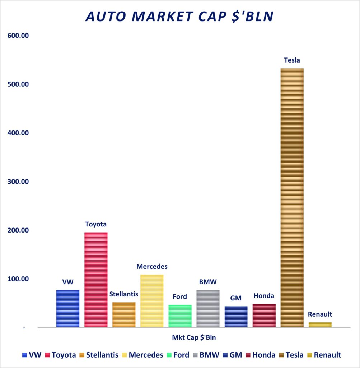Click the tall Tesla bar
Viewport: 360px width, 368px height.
pos(292,198)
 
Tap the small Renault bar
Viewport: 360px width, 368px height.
pos(320,325)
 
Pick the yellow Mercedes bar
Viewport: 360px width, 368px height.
pos(152,301)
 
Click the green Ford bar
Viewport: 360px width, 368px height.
pos(180,316)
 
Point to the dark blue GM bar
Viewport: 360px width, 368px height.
pos(236,317)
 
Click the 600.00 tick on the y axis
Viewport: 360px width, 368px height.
pos(18,36)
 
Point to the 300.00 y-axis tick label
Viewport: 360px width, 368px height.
pos(18,181)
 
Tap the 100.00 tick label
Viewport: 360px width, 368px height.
pos(18,279)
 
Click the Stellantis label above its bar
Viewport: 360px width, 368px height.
pos(124,294)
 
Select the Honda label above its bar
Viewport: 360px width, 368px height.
pos(264,296)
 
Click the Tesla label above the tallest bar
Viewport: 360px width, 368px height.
pos(292,60)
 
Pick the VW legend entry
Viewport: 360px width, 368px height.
pos(32,355)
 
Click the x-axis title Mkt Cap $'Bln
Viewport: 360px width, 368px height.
pos(193,337)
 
